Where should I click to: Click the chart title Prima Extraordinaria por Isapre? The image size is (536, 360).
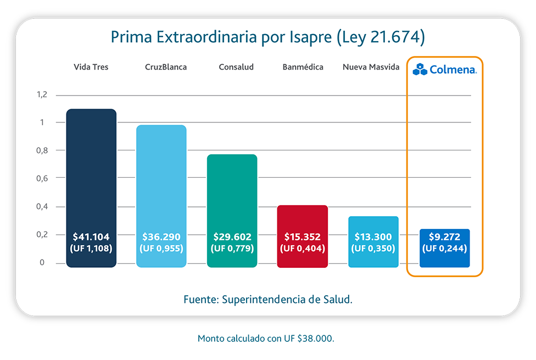click(268, 37)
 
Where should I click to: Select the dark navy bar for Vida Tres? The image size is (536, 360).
click(91, 176)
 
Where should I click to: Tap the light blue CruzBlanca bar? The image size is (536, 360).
click(161, 181)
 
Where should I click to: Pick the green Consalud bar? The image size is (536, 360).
click(232, 192)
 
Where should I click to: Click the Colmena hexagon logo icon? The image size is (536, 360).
click(420, 69)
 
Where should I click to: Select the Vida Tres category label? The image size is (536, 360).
click(91, 67)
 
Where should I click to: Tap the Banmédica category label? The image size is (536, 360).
click(303, 67)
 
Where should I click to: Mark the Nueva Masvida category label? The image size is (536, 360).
click(371, 67)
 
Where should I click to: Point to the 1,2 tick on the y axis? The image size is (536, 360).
click(42, 95)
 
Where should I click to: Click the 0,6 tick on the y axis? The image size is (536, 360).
click(42, 178)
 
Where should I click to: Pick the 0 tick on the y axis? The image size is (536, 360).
click(42, 263)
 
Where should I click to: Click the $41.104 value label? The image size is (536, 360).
click(91, 237)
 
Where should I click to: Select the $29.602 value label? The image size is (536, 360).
click(232, 237)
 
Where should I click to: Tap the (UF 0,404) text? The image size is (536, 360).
click(303, 249)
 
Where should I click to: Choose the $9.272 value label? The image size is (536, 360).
click(444, 237)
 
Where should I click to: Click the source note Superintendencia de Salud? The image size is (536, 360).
click(268, 300)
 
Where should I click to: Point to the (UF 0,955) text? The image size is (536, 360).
click(161, 249)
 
